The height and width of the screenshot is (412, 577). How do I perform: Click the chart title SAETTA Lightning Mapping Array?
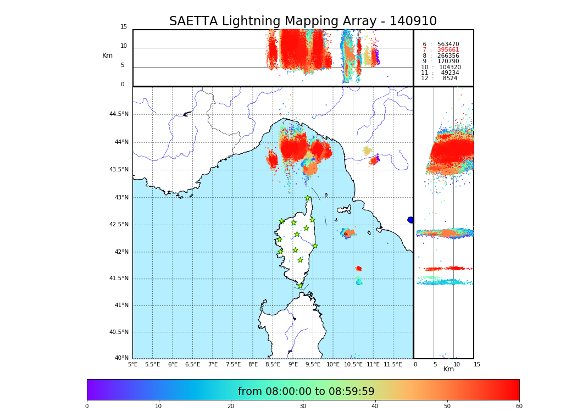point(303,21)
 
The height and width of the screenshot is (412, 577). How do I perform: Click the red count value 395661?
point(448,50)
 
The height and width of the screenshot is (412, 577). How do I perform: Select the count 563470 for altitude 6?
point(448,44)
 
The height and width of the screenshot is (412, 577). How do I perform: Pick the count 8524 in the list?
point(450,79)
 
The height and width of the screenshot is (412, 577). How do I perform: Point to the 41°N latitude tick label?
point(121,305)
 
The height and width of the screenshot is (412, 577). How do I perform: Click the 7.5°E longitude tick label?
point(233,364)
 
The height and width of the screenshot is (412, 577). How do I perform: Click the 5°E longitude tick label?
point(132,364)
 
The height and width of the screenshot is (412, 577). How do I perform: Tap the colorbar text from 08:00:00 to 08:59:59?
point(306,392)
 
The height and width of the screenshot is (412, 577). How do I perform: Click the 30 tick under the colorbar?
point(303,407)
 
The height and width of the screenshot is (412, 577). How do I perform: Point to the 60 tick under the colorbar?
point(519,407)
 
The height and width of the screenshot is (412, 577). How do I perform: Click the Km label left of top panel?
point(107,55)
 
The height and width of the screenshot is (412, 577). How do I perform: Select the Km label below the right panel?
point(448,369)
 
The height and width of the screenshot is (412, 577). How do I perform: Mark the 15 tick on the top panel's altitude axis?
point(124,27)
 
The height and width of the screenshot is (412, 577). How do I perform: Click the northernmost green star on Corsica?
point(308,198)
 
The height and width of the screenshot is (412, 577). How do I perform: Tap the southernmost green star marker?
point(300,286)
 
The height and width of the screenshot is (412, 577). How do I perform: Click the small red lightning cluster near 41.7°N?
point(358,269)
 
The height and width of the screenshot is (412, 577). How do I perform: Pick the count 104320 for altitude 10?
point(450,68)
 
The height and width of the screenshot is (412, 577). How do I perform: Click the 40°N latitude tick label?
point(121,358)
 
